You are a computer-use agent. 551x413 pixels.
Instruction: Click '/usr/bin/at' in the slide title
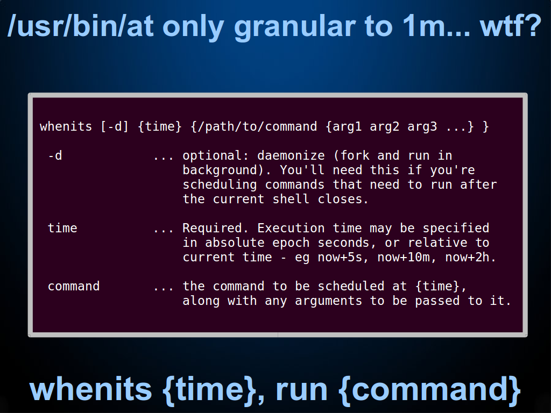click(x=81, y=26)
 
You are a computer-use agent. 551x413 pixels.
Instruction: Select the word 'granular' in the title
click(x=295, y=28)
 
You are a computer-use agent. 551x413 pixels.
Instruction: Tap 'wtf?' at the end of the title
click(x=511, y=26)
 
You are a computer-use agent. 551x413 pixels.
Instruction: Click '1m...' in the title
click(x=436, y=26)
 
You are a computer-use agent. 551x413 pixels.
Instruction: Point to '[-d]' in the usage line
click(x=115, y=126)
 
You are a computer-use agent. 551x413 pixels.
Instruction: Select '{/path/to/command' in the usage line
click(x=254, y=126)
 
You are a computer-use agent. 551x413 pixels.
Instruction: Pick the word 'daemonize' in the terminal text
click(x=291, y=155)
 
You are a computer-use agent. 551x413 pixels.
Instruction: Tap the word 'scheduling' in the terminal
click(x=220, y=185)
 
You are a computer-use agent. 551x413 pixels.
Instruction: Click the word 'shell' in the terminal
click(x=291, y=199)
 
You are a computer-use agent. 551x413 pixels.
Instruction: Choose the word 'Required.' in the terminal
click(x=216, y=228)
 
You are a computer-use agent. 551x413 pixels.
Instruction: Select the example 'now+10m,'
click(x=407, y=258)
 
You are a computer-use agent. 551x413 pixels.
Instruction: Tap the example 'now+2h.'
click(x=470, y=258)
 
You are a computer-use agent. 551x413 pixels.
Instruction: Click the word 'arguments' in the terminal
click(x=329, y=301)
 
